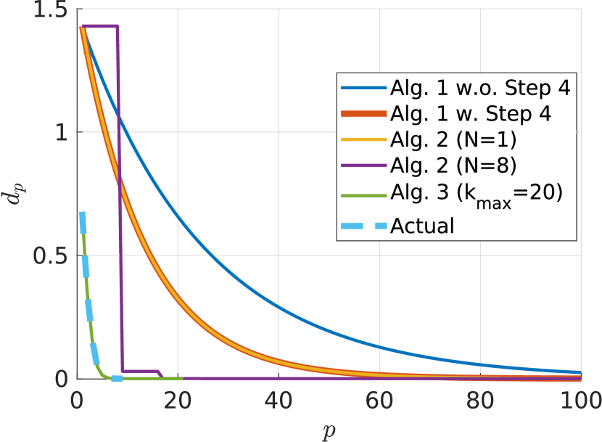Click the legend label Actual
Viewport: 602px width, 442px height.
pyautogui.click(x=422, y=226)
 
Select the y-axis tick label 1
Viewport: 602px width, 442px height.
pyautogui.click(x=59, y=132)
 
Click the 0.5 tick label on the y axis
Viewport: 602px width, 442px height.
pyautogui.click(x=48, y=255)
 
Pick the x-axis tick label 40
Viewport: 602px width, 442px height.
pyautogui.click(x=277, y=399)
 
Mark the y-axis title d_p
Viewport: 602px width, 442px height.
pyautogui.click(x=15, y=195)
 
